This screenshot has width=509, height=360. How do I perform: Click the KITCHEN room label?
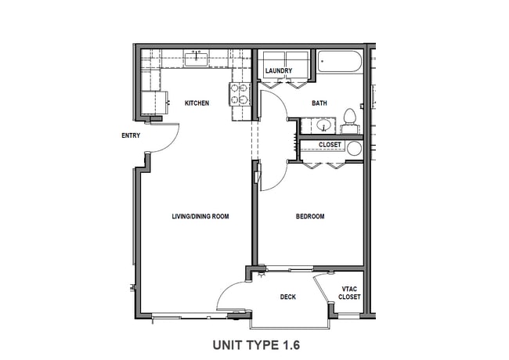197,103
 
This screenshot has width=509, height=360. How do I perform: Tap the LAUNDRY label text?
279,71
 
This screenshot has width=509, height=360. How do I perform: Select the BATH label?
319,103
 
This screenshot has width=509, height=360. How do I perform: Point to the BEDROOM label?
309,216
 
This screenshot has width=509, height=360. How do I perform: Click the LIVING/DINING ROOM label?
200,216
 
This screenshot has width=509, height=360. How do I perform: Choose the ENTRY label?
131,135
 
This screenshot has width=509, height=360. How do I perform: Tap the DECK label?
288,297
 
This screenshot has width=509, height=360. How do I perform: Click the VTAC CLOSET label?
350,293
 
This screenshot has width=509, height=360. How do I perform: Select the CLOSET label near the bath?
330,145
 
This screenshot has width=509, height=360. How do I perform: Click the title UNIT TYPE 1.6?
256,344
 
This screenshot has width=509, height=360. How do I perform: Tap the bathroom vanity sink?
323,124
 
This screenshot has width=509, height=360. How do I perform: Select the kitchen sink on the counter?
196,56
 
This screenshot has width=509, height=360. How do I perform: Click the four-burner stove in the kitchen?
239,94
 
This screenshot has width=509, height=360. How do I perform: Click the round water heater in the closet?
354,148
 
